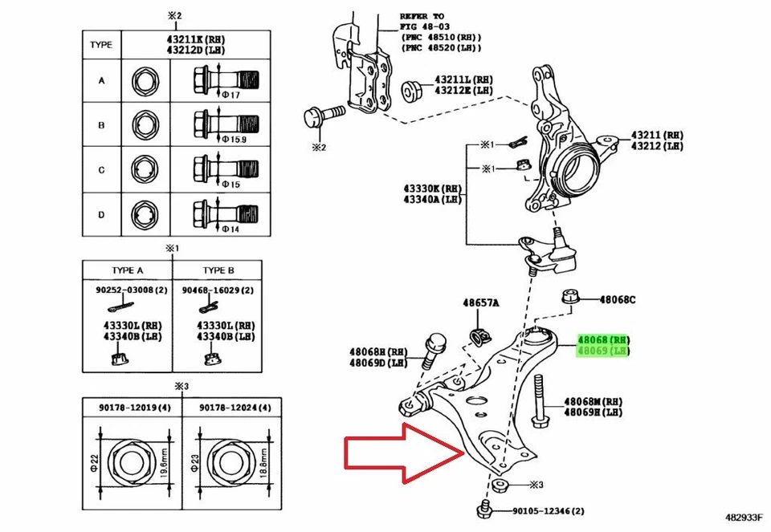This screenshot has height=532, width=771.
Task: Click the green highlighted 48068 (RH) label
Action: point(604,339)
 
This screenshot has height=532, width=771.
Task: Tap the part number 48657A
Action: point(480,303)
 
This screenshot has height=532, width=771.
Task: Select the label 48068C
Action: point(615,299)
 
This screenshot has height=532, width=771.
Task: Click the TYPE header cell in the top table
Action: point(101,45)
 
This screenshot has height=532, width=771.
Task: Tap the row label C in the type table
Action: point(101,170)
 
